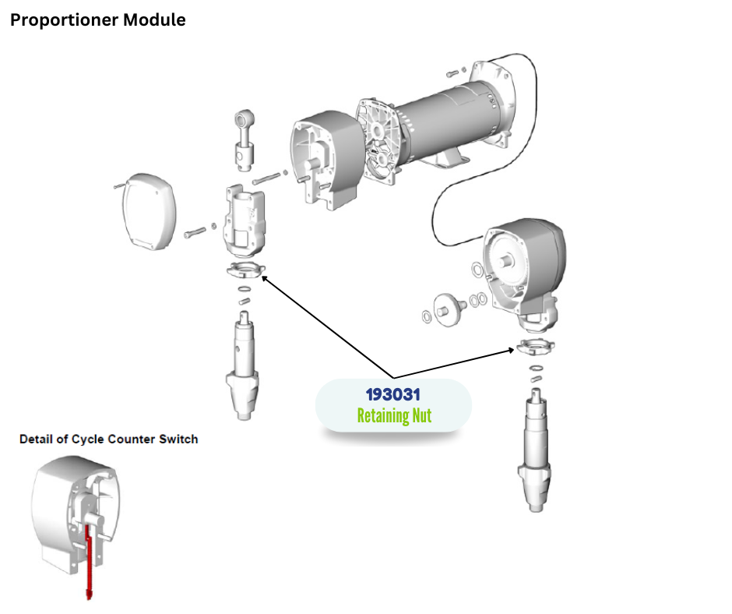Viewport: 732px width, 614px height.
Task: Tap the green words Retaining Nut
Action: pyautogui.click(x=393, y=415)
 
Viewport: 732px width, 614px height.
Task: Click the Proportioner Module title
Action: pyautogui.click(x=97, y=20)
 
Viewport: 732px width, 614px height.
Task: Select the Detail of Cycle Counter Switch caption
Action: pyautogui.click(x=108, y=439)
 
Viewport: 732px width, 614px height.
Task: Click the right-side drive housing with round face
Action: pyautogui.click(x=523, y=265)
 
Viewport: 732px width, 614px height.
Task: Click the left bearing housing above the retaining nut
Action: pyautogui.click(x=243, y=220)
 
